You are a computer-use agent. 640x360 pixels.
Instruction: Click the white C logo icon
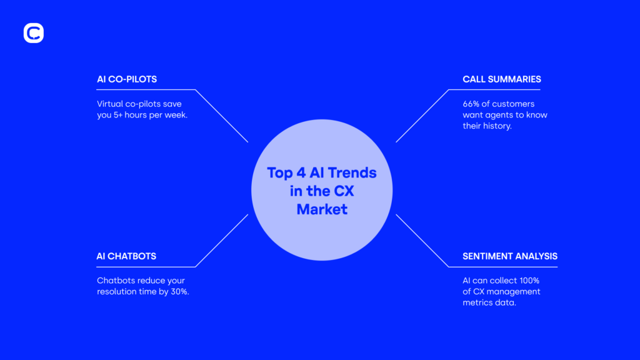[x=34, y=33]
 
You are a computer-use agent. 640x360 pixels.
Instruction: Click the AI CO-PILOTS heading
[x=127, y=79]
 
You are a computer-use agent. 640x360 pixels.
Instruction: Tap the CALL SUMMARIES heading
[x=502, y=79]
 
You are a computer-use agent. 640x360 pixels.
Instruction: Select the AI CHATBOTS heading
[x=126, y=256]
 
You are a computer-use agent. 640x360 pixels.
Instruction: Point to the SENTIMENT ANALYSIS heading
[x=510, y=256]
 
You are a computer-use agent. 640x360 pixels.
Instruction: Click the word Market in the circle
[x=322, y=209]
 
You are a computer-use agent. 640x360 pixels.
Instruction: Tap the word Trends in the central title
[x=352, y=172]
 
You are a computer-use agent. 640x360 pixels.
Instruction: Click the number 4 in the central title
[x=301, y=172]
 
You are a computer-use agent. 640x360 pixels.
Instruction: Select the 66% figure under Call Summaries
[x=471, y=104]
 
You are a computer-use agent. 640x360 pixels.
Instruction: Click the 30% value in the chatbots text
[x=180, y=292]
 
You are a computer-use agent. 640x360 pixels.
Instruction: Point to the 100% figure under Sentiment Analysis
[x=529, y=281]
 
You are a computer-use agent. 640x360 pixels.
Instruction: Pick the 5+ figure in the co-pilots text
[x=118, y=115]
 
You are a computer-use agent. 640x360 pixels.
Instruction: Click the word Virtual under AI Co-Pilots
[x=110, y=104]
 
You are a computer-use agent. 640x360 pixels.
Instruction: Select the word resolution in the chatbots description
[x=116, y=292]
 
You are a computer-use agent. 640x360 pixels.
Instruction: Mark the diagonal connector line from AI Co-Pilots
[x=222, y=116]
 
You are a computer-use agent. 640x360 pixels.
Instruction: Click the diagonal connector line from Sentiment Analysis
[x=422, y=241]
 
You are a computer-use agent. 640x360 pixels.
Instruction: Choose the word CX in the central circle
[x=344, y=191]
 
